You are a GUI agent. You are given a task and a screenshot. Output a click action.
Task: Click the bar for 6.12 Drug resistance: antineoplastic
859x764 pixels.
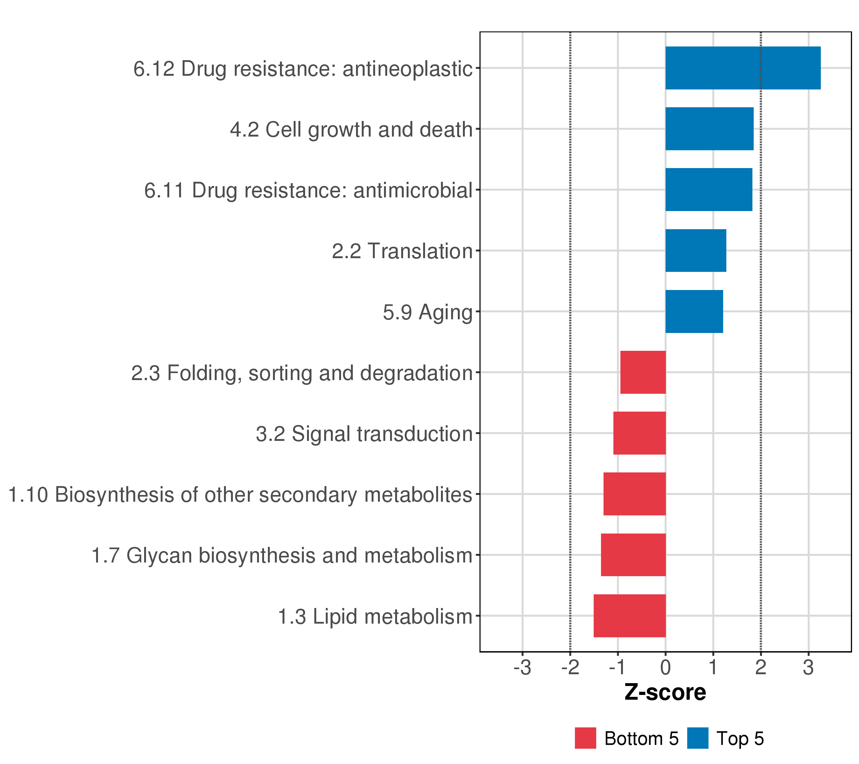pos(743,68)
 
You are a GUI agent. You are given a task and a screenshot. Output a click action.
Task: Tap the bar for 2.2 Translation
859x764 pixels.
pos(695,251)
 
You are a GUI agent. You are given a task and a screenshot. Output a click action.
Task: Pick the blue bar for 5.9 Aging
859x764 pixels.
pos(694,312)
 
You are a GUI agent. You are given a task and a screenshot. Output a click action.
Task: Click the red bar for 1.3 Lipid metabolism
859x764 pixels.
pos(630,616)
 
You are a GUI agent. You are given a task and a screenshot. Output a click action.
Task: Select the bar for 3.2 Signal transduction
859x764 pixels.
pos(639,433)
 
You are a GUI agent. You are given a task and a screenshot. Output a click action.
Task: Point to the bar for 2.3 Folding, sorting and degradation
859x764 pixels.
pos(643,372)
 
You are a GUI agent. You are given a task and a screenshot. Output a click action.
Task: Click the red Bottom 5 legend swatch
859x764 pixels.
pos(585,738)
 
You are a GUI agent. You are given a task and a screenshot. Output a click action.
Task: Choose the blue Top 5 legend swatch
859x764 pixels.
pos(698,738)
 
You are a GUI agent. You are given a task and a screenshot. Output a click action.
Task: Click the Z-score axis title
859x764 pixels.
pos(665,692)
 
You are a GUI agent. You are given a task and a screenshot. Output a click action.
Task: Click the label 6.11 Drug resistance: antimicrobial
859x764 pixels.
pos(309,190)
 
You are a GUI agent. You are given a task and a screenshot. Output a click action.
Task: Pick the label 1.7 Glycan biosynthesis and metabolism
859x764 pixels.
pos(282,555)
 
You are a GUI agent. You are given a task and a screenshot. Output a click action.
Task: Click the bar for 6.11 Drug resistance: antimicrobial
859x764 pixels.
pos(709,190)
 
